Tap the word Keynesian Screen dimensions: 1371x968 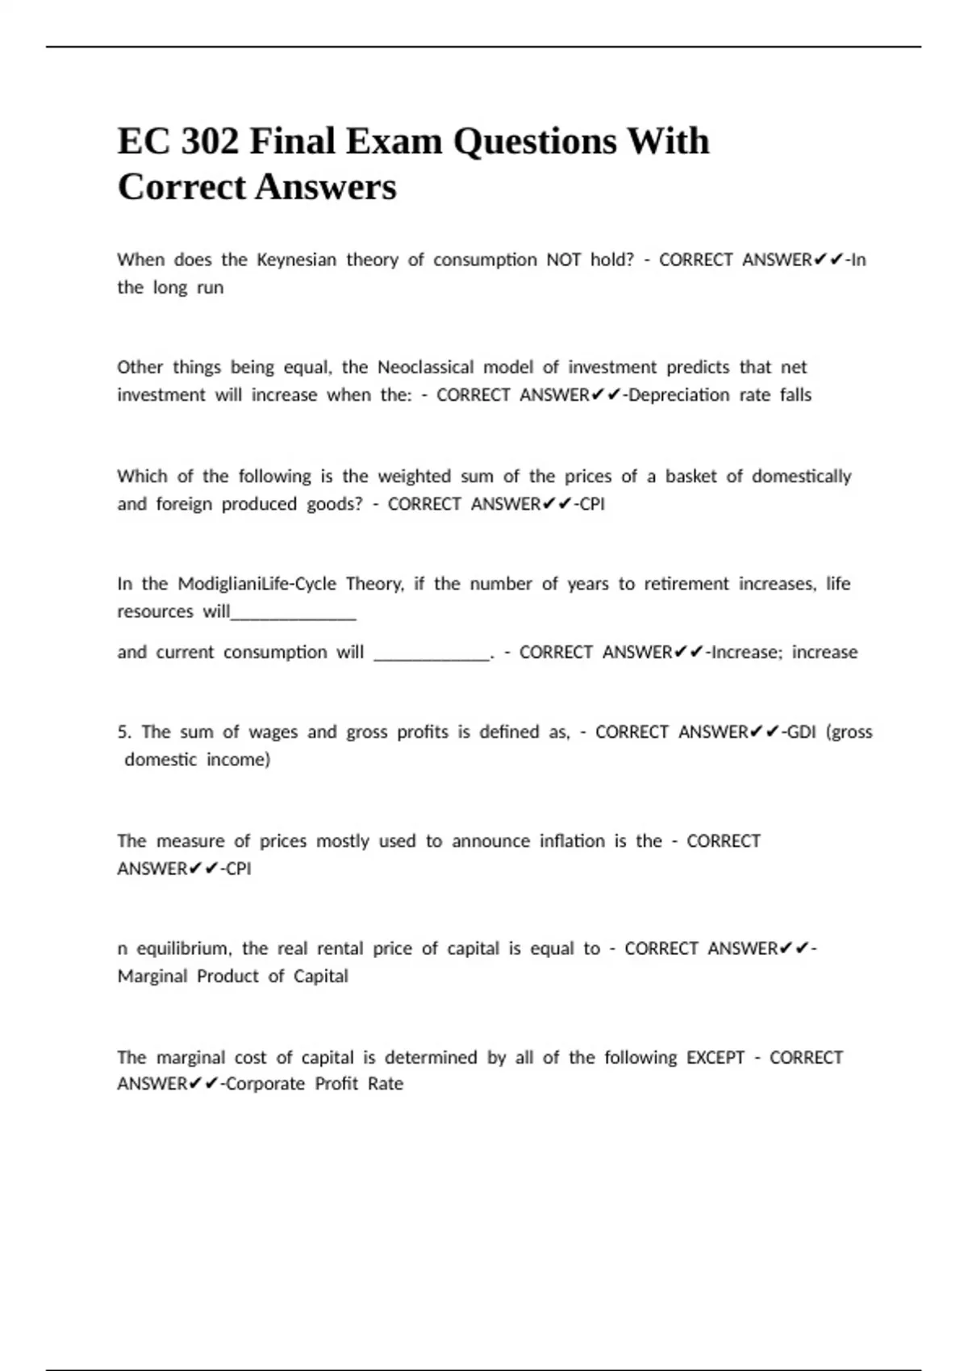(296, 260)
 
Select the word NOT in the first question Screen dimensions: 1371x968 (563, 260)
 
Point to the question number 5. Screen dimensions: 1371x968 (123, 732)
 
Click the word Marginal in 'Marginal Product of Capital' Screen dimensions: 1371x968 (152, 977)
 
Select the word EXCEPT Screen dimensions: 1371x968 (715, 1057)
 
